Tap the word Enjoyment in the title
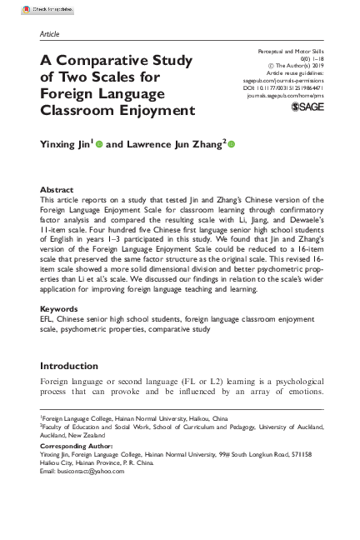coord(153,109)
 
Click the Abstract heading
coord(57,190)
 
